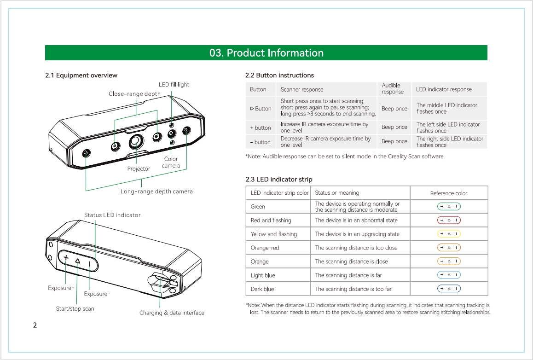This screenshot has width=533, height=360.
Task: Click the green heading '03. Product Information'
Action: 266,53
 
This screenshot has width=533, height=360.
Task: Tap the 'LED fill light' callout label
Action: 174,85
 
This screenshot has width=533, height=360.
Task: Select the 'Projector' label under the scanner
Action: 139,169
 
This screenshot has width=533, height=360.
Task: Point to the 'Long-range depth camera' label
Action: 156,192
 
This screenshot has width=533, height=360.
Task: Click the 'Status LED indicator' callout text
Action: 112,215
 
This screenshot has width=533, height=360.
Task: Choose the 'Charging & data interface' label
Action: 172,313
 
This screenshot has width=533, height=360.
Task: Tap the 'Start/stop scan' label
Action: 75,309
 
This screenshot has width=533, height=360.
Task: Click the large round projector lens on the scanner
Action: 135,142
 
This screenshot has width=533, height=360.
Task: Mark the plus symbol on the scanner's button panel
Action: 66,258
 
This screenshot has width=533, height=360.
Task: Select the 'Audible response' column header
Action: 393,89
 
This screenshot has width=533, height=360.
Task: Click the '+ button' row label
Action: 261,128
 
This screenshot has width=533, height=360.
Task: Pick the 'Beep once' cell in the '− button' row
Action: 394,142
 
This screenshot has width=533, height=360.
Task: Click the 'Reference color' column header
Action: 449,193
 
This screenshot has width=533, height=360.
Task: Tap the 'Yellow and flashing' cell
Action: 274,234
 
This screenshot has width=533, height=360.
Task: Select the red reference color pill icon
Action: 449,220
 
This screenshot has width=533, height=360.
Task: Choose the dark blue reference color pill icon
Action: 449,289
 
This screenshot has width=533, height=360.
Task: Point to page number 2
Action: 35,325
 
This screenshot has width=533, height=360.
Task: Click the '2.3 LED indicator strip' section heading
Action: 279,180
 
